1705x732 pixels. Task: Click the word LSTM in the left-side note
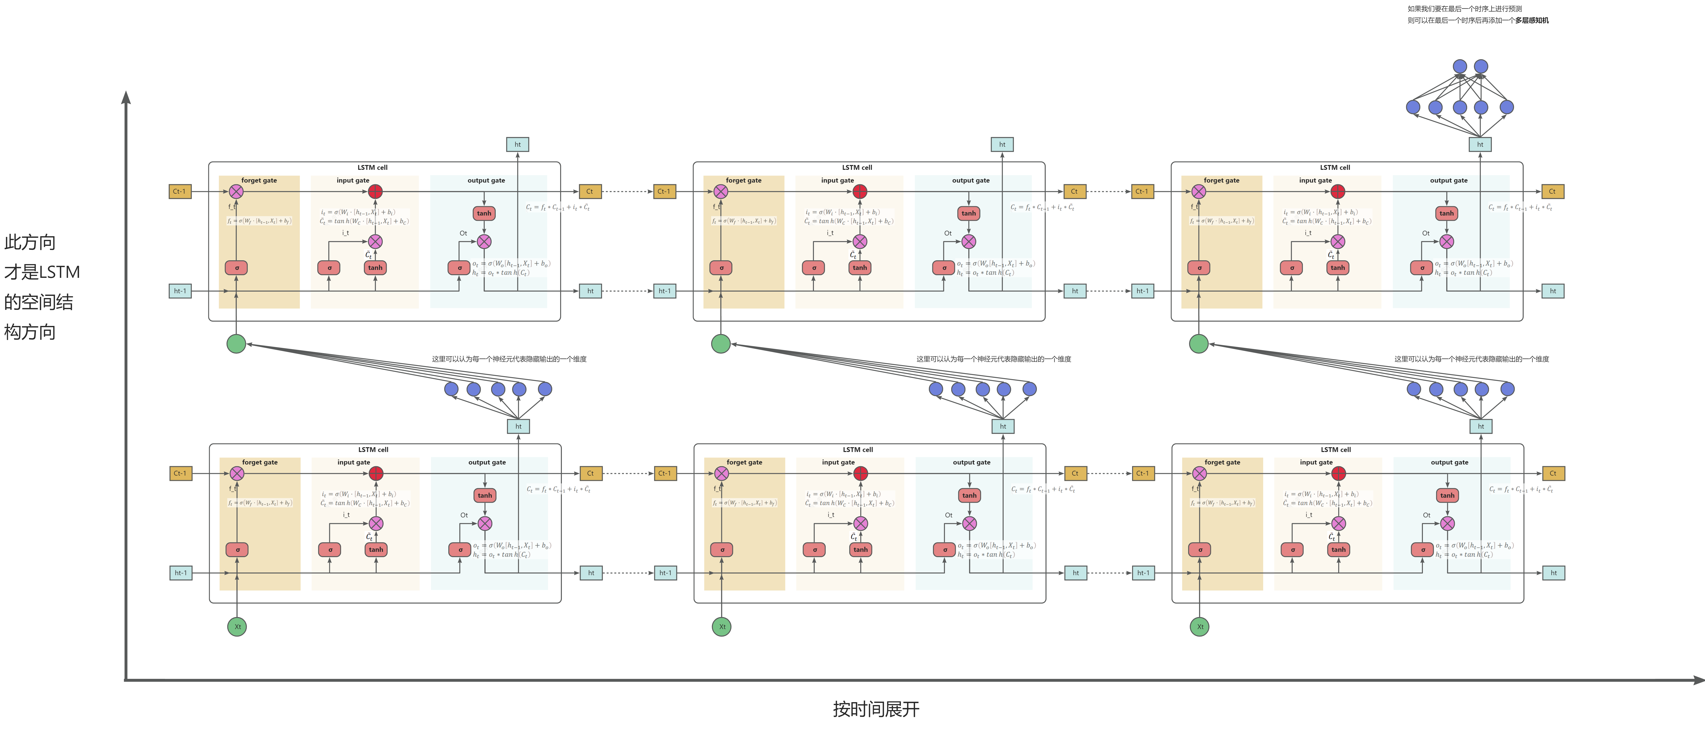[60, 272]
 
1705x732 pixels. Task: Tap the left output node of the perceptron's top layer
[1459, 66]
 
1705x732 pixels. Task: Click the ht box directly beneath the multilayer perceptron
[1480, 144]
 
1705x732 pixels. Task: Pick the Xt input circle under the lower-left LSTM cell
[237, 627]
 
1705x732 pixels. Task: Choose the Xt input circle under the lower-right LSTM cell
[1199, 627]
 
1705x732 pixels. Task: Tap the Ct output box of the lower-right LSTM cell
[1553, 473]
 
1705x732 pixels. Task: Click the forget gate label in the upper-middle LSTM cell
[743, 180]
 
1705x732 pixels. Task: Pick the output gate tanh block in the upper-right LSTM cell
[1446, 213]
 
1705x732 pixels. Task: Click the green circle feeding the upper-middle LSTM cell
[721, 344]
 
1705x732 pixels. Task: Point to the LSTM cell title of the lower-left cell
[373, 449]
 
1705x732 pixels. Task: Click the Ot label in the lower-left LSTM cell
[464, 515]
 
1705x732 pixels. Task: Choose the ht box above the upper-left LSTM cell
[518, 144]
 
